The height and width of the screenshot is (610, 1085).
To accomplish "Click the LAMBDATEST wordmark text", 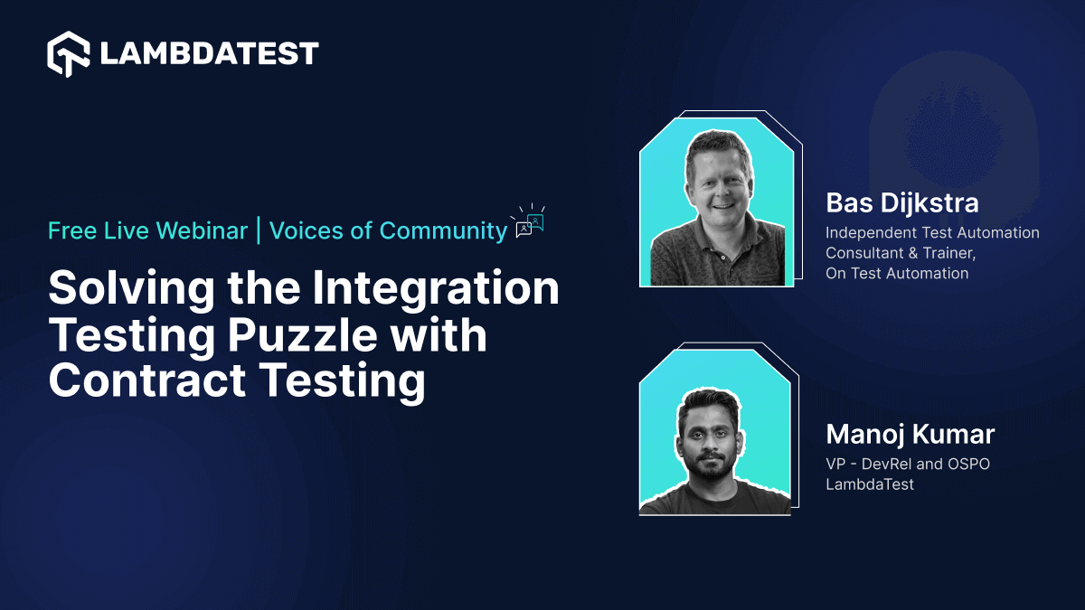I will [209, 53].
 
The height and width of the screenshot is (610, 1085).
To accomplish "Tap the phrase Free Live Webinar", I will [147, 230].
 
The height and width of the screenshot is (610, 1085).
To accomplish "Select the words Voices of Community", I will [388, 230].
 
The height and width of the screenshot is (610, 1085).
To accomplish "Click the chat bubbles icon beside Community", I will [530, 222].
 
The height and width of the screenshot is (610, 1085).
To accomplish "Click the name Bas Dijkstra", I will [901, 202].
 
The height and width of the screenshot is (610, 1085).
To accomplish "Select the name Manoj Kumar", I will [910, 434].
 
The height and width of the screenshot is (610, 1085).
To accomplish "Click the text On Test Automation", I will [896, 273].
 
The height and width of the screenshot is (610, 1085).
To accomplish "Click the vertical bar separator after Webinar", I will [259, 231].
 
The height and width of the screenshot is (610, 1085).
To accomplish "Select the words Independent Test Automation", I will [932, 233].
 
